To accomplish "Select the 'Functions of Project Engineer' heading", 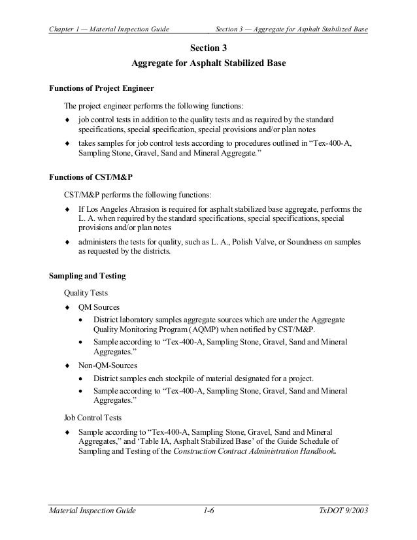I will [102, 88].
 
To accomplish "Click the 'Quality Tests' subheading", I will [86, 292].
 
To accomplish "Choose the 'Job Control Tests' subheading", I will [92, 415].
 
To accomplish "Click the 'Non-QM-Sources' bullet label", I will [103, 365].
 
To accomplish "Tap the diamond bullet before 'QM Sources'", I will [67, 306].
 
